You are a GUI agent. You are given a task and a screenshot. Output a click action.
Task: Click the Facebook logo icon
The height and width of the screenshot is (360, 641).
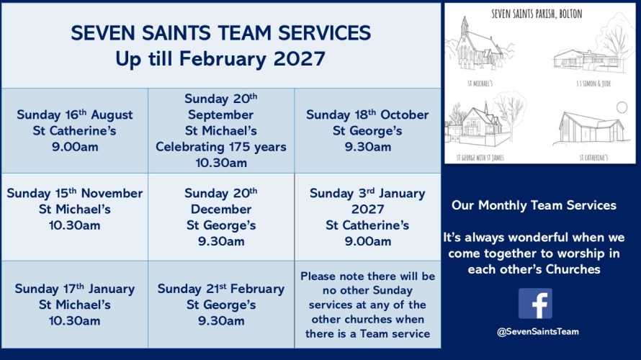(x=535, y=303)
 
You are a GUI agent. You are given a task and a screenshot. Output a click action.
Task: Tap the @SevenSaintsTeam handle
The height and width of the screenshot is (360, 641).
(x=537, y=332)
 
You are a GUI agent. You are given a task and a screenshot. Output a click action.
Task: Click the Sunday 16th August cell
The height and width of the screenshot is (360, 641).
(x=75, y=131)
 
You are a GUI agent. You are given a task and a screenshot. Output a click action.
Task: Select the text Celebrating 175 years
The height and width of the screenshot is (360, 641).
(x=221, y=147)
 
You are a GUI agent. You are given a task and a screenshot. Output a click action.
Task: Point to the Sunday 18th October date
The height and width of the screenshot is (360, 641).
(x=367, y=114)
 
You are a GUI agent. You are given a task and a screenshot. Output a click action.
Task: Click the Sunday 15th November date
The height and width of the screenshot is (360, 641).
(x=75, y=193)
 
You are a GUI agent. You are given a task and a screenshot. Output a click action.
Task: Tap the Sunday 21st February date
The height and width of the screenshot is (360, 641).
(x=221, y=289)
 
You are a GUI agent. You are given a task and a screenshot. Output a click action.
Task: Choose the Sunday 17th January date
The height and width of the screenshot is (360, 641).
(x=75, y=289)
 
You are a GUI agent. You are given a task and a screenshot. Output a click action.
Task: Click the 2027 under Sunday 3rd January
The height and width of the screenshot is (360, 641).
(x=367, y=210)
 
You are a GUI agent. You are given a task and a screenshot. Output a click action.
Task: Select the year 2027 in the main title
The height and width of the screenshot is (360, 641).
(x=299, y=59)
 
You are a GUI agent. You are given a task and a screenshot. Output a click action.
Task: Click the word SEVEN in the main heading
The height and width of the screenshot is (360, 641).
(x=103, y=33)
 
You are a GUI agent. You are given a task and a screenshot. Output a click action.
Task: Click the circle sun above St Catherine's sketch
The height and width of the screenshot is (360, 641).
(x=622, y=107)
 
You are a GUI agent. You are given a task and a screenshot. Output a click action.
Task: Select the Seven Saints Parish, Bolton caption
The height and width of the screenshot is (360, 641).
(x=537, y=14)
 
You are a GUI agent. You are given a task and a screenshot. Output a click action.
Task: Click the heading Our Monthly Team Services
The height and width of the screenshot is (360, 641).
(x=534, y=205)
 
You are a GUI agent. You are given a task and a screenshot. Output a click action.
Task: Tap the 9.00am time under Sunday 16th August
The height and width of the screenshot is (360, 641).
(x=75, y=147)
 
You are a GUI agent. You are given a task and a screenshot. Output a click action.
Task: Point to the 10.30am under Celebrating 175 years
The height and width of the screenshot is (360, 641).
(x=221, y=163)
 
